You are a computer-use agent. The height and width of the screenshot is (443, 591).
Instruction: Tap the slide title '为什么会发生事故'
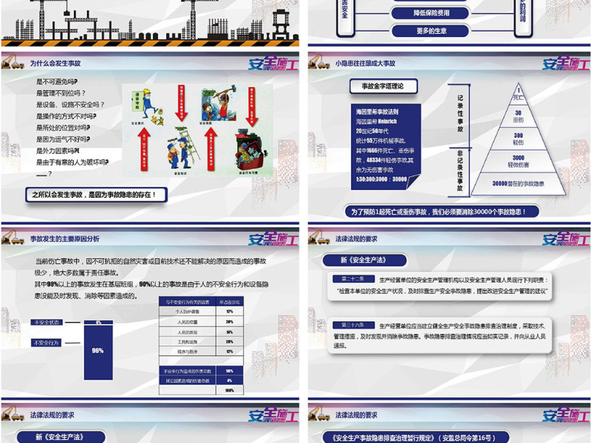coord(56,64)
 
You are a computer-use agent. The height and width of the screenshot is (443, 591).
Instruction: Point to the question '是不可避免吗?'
coord(57,81)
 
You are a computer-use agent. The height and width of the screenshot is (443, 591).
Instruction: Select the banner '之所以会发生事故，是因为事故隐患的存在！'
coord(95,195)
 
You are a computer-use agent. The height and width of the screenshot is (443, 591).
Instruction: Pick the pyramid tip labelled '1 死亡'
coord(519,94)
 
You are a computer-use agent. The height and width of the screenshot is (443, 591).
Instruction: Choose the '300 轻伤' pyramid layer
coord(519,139)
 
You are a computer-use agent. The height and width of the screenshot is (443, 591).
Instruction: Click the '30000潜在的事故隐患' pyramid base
coord(519,183)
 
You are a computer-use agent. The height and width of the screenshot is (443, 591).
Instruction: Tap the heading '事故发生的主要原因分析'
coord(64,239)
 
